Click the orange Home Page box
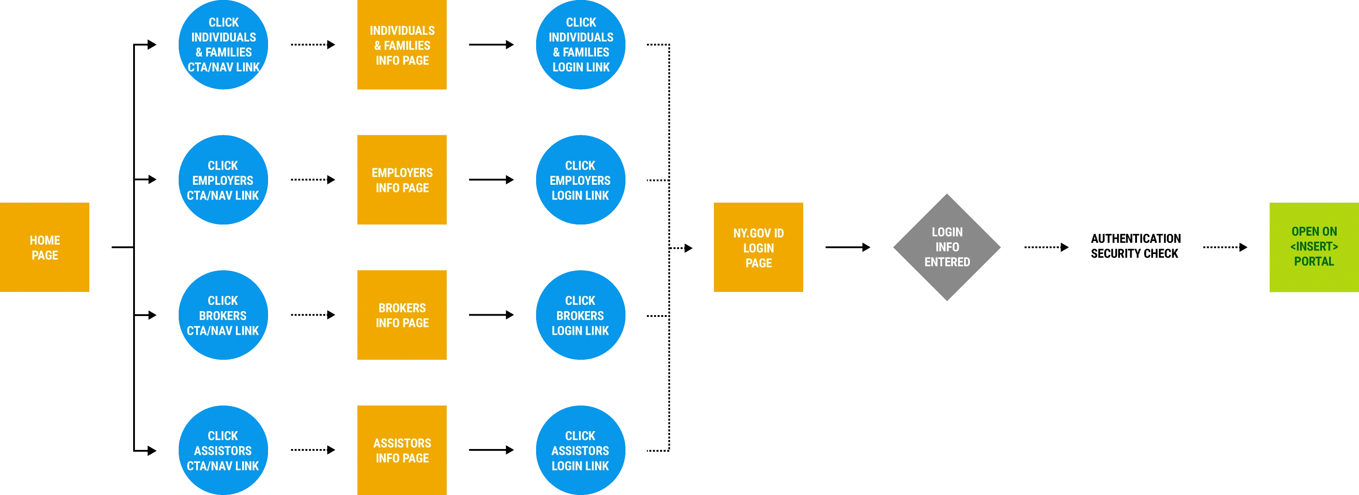pyautogui.click(x=44, y=247)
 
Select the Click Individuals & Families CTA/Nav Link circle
pyautogui.click(x=223, y=45)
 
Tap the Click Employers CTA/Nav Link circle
pyautogui.click(x=223, y=180)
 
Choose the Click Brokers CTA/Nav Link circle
pyautogui.click(x=223, y=315)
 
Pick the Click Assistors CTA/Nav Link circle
pyautogui.click(x=223, y=450)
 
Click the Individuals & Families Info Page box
pyautogui.click(x=402, y=46)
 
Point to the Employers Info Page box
pyautogui.click(x=402, y=180)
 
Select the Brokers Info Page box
pyautogui.click(x=402, y=315)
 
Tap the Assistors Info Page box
pyautogui.click(x=402, y=449)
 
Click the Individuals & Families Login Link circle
pyautogui.click(x=581, y=45)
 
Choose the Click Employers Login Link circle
pyautogui.click(x=581, y=180)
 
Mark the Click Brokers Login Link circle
pyautogui.click(x=581, y=315)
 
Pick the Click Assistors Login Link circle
pyautogui.click(x=581, y=450)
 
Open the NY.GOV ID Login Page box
pyautogui.click(x=758, y=247)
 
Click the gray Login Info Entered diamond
pyautogui.click(x=947, y=247)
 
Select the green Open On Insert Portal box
pyautogui.click(x=1313, y=247)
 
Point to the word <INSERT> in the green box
pyautogui.click(x=1313, y=246)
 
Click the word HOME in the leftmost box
pyautogui.click(x=45, y=241)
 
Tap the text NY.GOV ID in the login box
pyautogui.click(x=758, y=233)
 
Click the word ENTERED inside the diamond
pyautogui.click(x=947, y=262)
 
